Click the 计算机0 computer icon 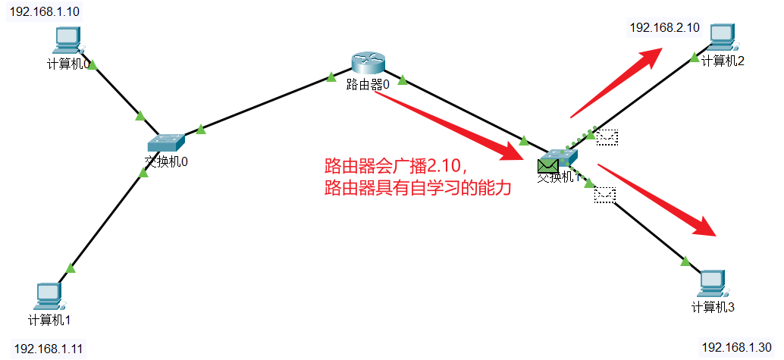68,40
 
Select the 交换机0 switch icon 166,142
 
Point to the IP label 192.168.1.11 49,349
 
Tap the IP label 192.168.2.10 664,27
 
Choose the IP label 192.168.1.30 736,347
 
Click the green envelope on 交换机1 547,164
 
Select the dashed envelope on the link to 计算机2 607,137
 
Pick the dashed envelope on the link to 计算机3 605,195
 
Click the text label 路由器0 368,85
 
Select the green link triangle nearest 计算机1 71,268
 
